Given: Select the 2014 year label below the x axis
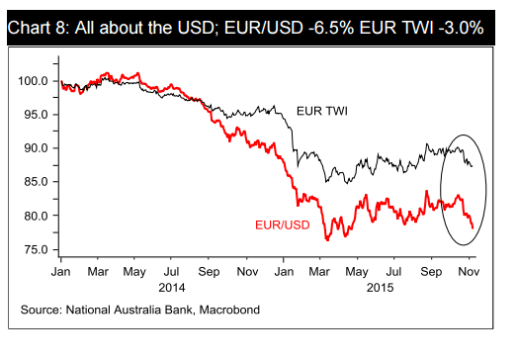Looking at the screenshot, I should [171, 287].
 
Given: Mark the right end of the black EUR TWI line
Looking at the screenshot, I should [473, 166].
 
